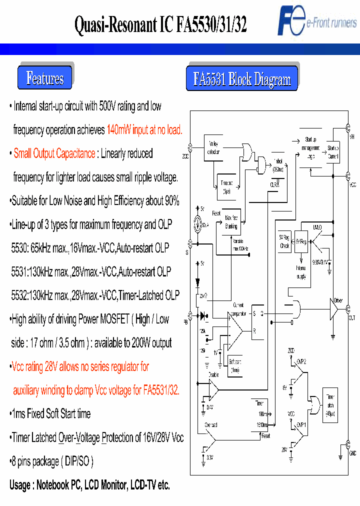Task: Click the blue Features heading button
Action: pos(45,78)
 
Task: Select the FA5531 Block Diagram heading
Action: pos(242,79)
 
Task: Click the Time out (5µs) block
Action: pos(226,187)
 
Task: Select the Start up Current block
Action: pos(333,151)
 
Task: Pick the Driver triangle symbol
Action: pos(334,309)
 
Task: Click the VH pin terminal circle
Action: pos(347,128)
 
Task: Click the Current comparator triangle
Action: pos(234,330)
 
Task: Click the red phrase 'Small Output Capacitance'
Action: pos(54,154)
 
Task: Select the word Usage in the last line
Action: pos(22,485)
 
